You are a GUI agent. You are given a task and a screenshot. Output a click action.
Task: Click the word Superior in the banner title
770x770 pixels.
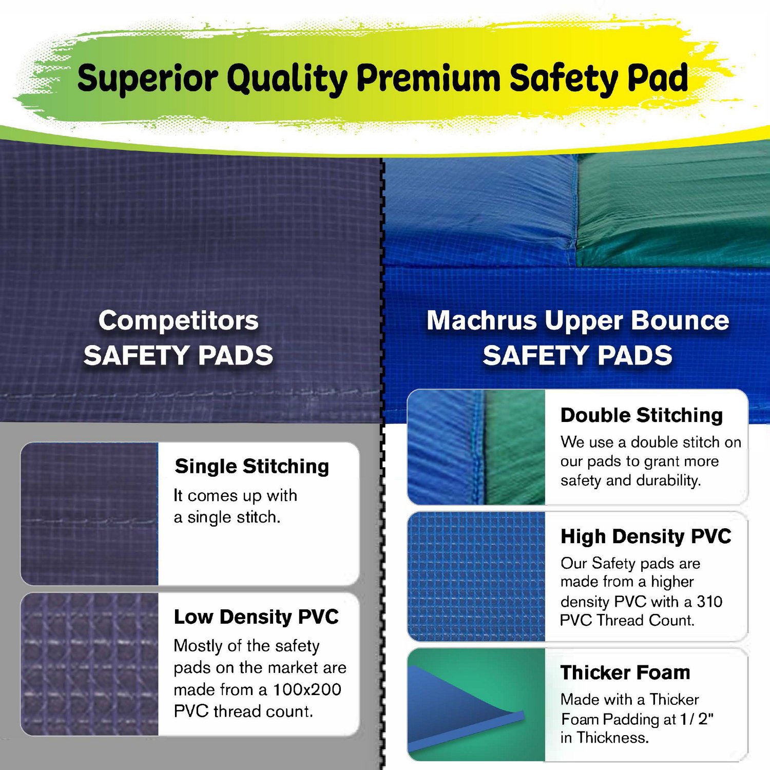(x=148, y=78)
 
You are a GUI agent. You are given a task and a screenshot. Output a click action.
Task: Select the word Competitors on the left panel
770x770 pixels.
(x=179, y=321)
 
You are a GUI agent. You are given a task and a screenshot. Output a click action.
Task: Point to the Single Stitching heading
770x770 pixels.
(x=252, y=466)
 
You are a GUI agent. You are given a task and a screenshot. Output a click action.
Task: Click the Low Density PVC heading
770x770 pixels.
(x=256, y=617)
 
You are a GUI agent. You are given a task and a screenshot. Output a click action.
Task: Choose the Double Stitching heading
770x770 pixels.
(x=641, y=415)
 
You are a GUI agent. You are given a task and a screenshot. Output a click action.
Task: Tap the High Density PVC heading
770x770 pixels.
(x=645, y=536)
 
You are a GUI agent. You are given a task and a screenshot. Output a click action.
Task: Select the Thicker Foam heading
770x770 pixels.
(x=625, y=672)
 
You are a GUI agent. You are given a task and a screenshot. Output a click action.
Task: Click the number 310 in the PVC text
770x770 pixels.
(x=709, y=601)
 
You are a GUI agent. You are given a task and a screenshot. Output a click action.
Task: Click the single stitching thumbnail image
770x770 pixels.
(x=90, y=513)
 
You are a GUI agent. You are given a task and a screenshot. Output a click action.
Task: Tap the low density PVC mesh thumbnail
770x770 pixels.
(x=90, y=664)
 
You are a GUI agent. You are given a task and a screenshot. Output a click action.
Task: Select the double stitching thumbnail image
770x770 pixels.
(x=476, y=447)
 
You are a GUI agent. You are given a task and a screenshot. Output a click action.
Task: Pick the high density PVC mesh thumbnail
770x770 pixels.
(x=476, y=576)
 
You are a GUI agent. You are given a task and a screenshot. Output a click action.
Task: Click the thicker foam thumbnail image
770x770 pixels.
(x=476, y=704)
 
